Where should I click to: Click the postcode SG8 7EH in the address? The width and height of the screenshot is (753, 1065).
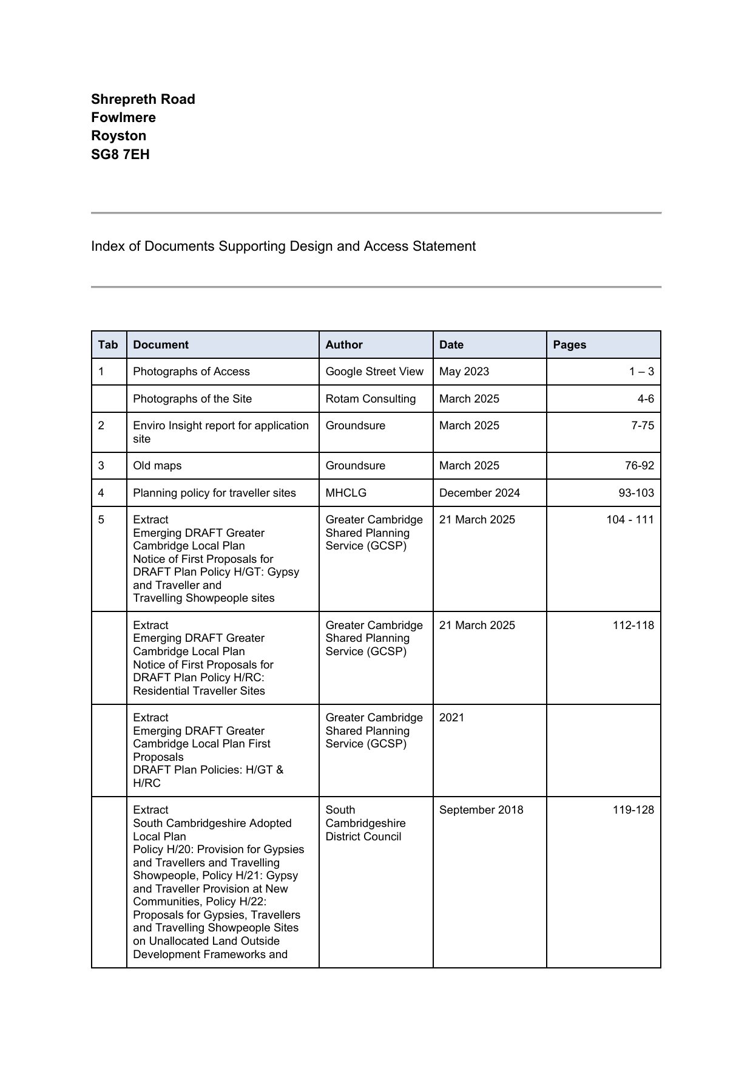point(120,154)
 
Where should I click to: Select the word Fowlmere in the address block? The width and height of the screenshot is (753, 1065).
point(123,117)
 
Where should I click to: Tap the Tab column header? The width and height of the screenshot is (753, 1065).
point(108,345)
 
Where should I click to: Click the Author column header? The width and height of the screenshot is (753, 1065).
point(343,345)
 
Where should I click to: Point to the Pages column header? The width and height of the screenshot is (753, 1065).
point(569,345)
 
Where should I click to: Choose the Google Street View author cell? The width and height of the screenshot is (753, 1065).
point(374,372)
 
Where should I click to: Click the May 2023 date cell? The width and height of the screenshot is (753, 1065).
point(464,372)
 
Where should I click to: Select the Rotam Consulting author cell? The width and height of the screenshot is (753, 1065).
point(370,399)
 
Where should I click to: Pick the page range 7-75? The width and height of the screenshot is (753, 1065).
point(642,426)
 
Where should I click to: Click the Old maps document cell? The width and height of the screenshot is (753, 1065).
point(157,466)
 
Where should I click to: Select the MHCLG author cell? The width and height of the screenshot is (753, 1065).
point(346,493)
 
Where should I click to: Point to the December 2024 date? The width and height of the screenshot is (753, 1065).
point(479,493)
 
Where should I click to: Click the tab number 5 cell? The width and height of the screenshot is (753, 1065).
point(101,520)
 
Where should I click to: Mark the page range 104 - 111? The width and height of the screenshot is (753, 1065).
point(630,520)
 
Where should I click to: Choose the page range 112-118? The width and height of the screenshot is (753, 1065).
point(633,625)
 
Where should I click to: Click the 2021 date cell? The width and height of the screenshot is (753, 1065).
point(451,718)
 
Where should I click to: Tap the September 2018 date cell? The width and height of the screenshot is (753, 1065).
point(481,810)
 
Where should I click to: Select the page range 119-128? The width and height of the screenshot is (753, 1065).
point(633,810)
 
